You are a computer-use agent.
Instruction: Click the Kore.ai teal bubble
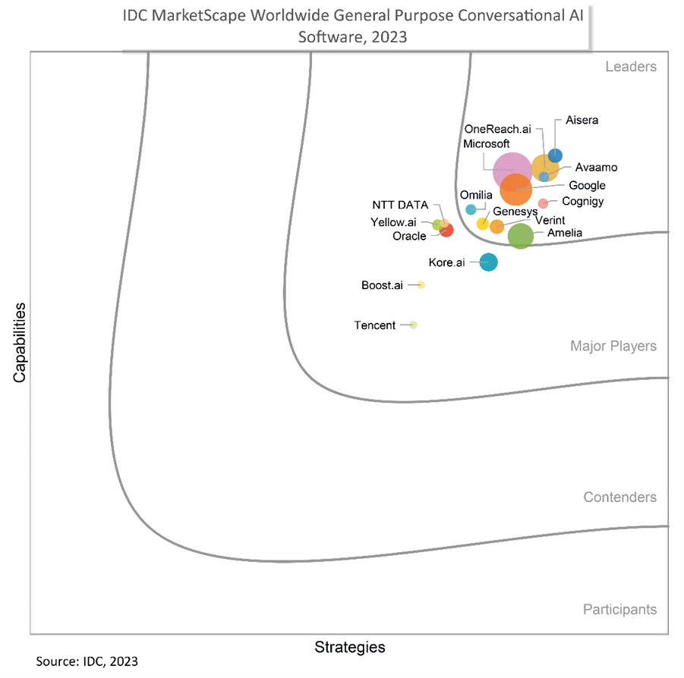point(488,262)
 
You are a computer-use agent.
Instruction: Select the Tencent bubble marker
point(413,325)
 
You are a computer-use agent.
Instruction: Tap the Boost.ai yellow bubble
point(421,285)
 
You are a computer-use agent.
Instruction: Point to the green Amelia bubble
point(520,237)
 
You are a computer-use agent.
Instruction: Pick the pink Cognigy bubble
point(543,203)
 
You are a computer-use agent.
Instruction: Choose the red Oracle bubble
point(446,231)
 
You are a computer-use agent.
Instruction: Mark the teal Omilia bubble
point(471,209)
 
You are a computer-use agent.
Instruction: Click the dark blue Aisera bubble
point(555,155)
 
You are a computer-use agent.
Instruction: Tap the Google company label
point(587,186)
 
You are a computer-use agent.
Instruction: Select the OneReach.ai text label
point(496,130)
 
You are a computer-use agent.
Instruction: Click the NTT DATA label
point(400,205)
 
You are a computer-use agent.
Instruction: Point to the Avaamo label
point(596,167)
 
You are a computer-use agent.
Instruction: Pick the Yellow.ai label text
point(393,222)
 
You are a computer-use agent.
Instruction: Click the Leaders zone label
point(630,67)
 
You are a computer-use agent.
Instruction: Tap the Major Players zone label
point(613,347)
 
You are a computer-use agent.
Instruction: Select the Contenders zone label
point(619,498)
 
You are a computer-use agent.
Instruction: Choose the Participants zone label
point(619,610)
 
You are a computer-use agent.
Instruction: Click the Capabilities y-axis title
point(19,343)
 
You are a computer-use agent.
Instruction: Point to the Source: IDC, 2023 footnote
point(87,661)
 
